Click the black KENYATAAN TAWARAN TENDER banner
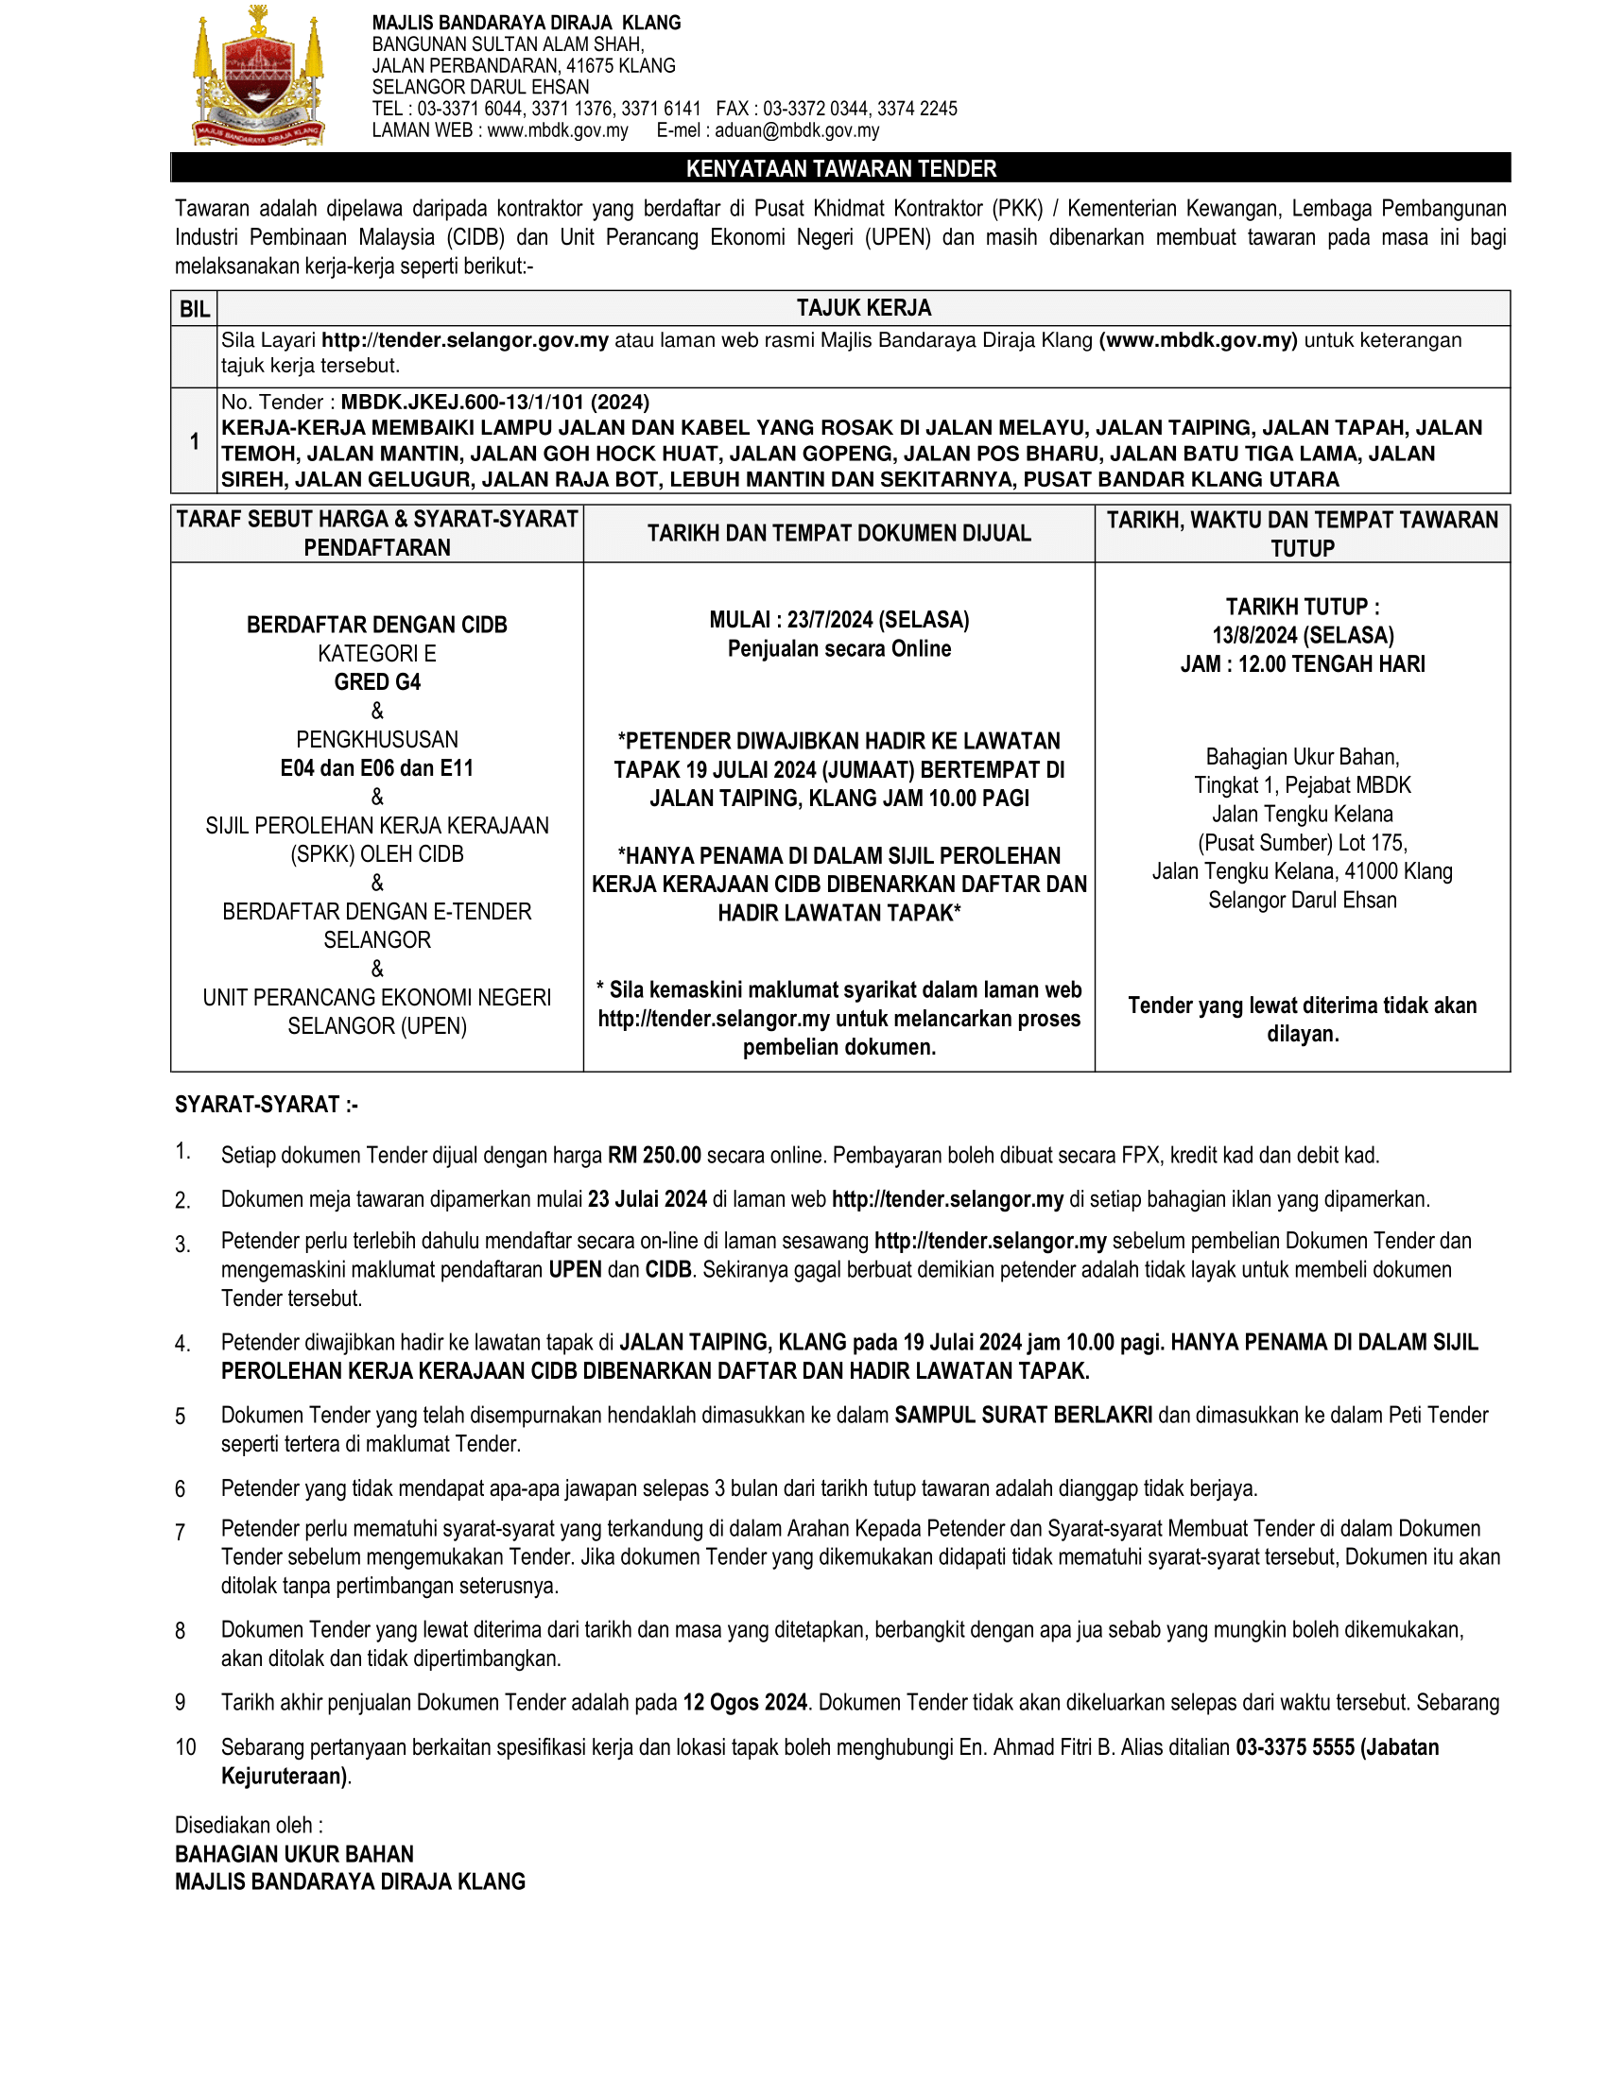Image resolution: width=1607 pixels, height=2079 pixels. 839,168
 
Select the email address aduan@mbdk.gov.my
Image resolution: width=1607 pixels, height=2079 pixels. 797,130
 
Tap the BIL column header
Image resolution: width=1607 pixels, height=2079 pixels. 194,308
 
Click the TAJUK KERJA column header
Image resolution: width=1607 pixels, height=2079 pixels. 863,307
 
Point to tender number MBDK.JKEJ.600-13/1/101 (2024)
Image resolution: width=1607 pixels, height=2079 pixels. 495,402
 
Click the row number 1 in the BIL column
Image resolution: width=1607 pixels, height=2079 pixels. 194,440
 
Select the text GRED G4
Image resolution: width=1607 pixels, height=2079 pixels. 377,681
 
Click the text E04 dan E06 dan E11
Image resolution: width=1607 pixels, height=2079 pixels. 377,767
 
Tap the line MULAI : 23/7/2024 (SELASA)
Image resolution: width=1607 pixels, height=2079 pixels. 838,620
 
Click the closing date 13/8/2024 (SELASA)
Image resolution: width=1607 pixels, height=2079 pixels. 1303,635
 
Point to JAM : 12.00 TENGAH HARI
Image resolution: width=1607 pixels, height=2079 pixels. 1303,663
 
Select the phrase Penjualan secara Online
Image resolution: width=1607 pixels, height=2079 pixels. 838,648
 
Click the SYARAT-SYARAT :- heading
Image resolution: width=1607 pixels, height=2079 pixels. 266,1104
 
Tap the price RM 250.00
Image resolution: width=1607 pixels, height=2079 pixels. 654,1155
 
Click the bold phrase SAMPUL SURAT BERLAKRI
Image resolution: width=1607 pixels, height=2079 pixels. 1023,1415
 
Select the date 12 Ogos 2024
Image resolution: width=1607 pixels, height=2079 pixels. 745,1702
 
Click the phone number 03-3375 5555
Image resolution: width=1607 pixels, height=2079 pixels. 1295,1746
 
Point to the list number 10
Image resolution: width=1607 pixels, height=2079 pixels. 184,1746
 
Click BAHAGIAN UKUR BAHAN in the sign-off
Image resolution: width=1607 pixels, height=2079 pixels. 294,1853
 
